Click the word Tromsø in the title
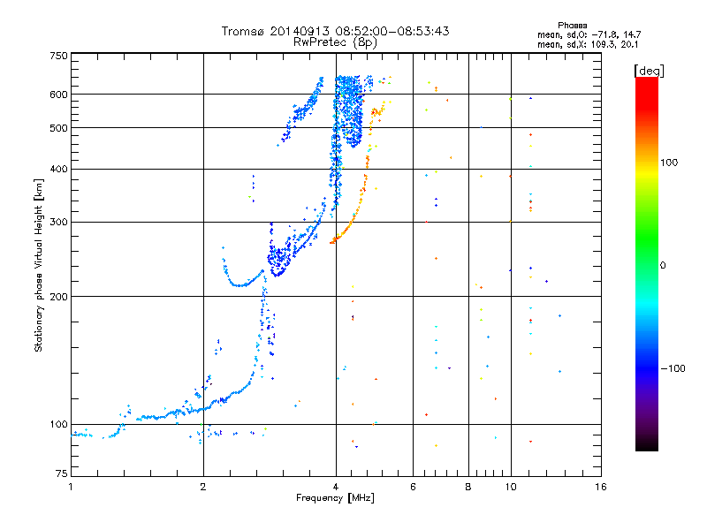click(x=243, y=31)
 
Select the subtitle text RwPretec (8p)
click(x=335, y=42)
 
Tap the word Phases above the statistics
click(x=572, y=26)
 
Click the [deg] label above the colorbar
click(x=649, y=71)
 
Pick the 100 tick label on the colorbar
click(x=669, y=163)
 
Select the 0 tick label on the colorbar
click(x=663, y=266)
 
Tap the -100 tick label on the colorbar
click(x=673, y=368)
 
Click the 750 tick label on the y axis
click(x=58, y=56)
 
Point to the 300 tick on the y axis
click(x=58, y=222)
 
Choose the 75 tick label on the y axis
click(x=62, y=473)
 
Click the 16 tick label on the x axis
click(x=601, y=487)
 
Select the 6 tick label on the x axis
click(x=413, y=487)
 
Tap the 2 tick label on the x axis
click(x=203, y=487)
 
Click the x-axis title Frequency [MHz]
click(x=335, y=498)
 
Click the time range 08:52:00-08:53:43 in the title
click(x=392, y=31)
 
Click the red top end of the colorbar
click(x=647, y=79)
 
